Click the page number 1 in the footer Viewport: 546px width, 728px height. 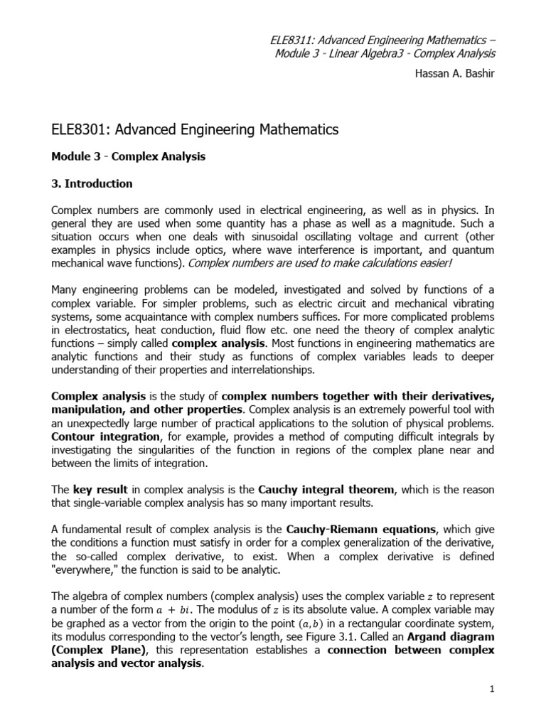491,690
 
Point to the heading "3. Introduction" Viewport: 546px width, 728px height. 92,183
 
